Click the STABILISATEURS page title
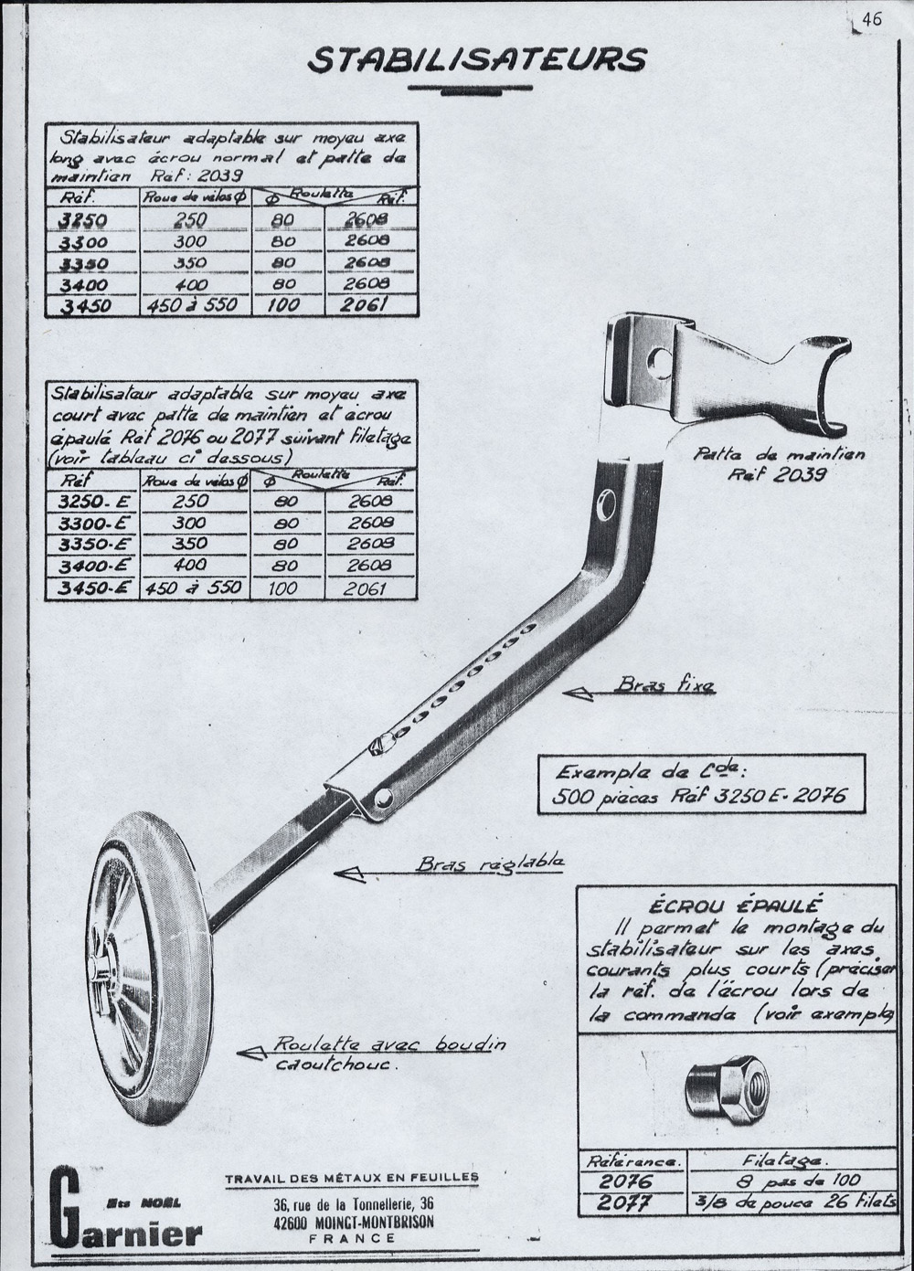tap(477, 59)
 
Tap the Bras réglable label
tap(489, 863)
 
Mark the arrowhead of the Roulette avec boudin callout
tap(246, 1053)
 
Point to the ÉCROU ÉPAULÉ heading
tap(735, 906)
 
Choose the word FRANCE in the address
tap(352, 1238)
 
